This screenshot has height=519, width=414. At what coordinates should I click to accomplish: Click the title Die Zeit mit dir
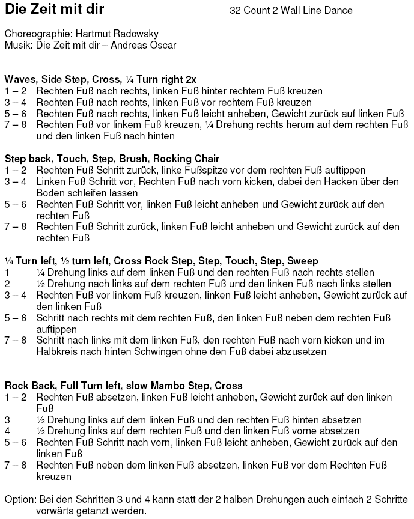54,10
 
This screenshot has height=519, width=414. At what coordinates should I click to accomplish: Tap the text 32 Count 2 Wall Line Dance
291,11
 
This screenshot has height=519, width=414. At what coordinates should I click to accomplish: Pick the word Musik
16,45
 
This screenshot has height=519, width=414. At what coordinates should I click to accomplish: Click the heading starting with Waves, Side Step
100,79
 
